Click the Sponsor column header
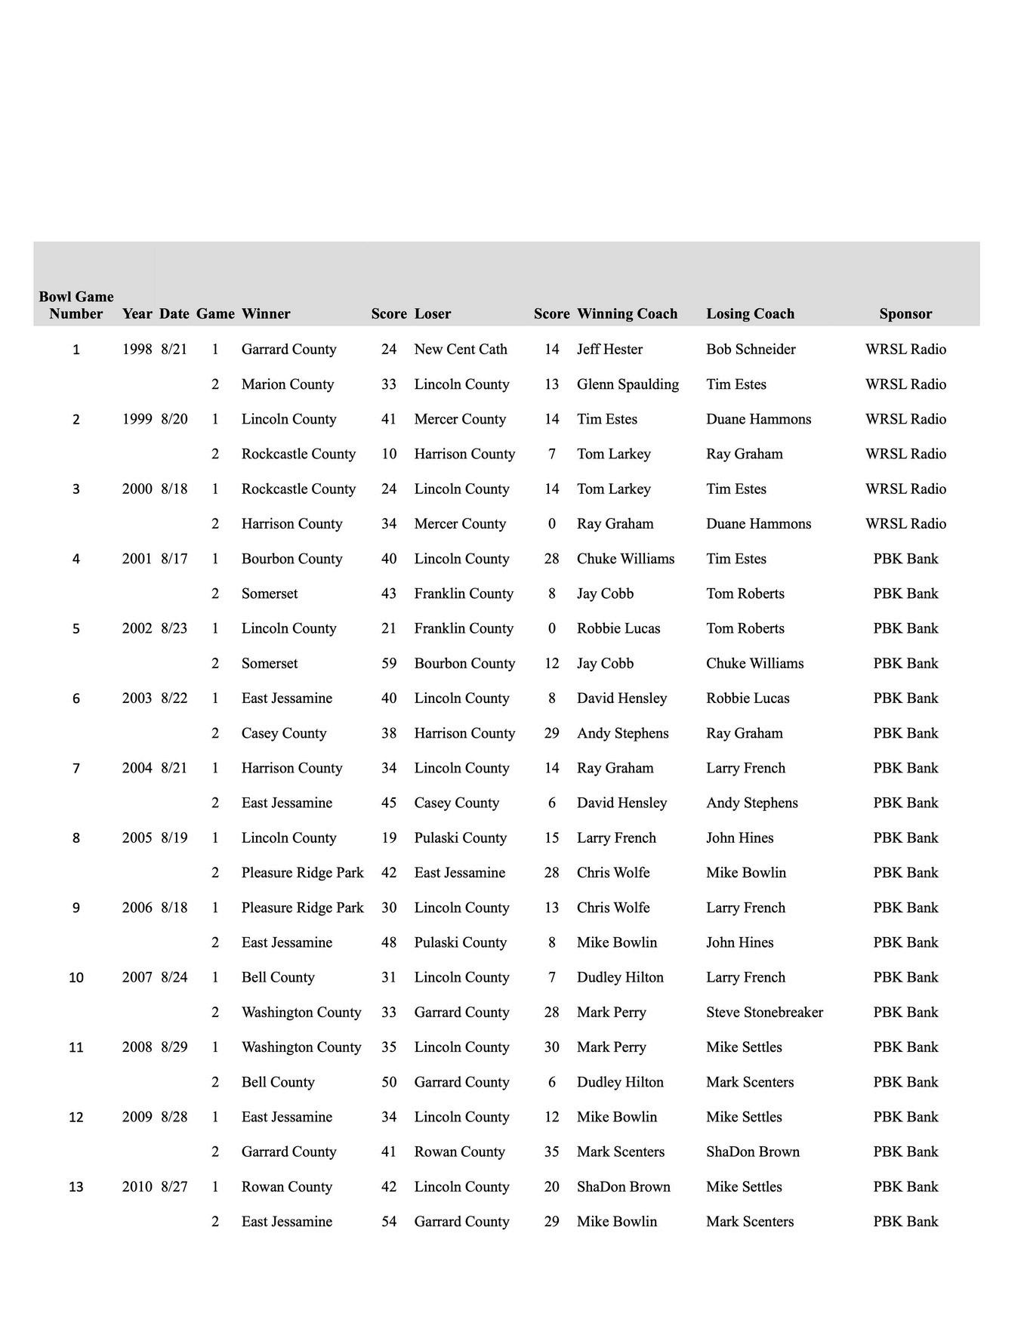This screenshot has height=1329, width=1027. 905,313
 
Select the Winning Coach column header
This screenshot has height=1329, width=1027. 627,313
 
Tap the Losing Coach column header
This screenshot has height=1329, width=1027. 750,313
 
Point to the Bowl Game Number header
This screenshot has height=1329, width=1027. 76,305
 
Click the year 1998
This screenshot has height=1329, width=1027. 137,349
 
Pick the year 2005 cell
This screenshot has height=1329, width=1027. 137,837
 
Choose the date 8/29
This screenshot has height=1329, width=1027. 174,1047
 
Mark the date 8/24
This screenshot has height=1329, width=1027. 174,977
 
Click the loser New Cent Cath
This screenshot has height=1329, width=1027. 461,349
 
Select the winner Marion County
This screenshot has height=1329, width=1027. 287,384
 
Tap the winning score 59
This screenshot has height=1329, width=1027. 389,663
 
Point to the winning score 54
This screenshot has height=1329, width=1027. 389,1221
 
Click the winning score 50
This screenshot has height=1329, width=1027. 389,1081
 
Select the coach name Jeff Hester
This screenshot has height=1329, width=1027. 609,349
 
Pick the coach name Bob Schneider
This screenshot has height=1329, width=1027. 751,349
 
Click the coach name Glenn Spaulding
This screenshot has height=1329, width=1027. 628,384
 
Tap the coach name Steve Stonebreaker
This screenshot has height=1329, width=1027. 764,1012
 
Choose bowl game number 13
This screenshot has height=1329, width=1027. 76,1186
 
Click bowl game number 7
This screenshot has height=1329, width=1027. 76,768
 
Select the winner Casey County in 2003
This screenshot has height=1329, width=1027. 284,732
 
